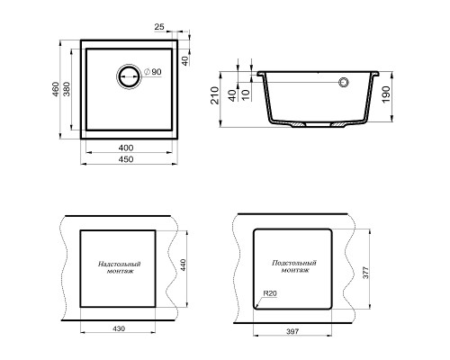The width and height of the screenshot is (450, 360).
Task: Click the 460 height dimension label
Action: pos(56,89)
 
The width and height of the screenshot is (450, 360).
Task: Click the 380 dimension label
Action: pos(67,89)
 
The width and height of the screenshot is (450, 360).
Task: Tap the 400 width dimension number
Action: pos(126,148)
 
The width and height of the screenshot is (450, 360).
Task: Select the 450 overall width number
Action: pos(126,159)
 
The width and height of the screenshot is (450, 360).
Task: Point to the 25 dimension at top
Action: pos(159,27)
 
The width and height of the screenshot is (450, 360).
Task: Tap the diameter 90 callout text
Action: pos(153,72)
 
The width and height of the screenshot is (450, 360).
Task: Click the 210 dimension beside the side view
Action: pos(215,95)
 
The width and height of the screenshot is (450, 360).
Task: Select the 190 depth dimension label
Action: pos(386,94)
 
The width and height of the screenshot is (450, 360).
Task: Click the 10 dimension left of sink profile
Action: pos(246,94)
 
